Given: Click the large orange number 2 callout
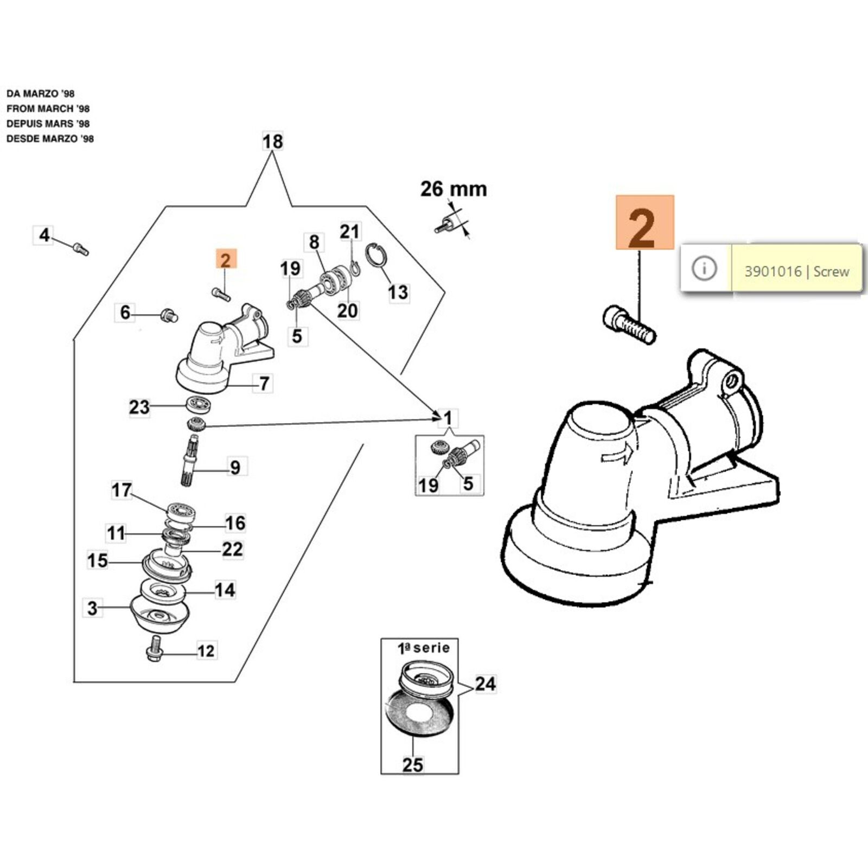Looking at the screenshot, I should click(644, 223).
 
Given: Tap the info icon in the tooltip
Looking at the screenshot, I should click(705, 269).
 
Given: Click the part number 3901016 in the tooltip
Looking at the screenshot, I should click(773, 271).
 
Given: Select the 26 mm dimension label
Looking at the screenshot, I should click(454, 189).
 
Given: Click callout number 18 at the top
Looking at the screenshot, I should click(272, 142).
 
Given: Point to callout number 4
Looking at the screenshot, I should click(44, 235).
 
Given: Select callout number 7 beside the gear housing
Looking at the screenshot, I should click(264, 384).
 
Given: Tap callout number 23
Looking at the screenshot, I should click(139, 407).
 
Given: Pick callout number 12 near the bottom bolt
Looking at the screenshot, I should click(206, 650).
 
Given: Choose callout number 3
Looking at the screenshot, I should click(92, 608).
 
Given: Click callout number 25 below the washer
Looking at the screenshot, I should click(412, 764).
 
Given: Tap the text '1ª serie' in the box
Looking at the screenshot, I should click(424, 648).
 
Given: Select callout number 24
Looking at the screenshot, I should click(485, 684).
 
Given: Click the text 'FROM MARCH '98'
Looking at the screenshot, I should click(48, 108).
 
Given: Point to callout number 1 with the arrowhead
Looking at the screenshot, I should click(448, 418).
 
